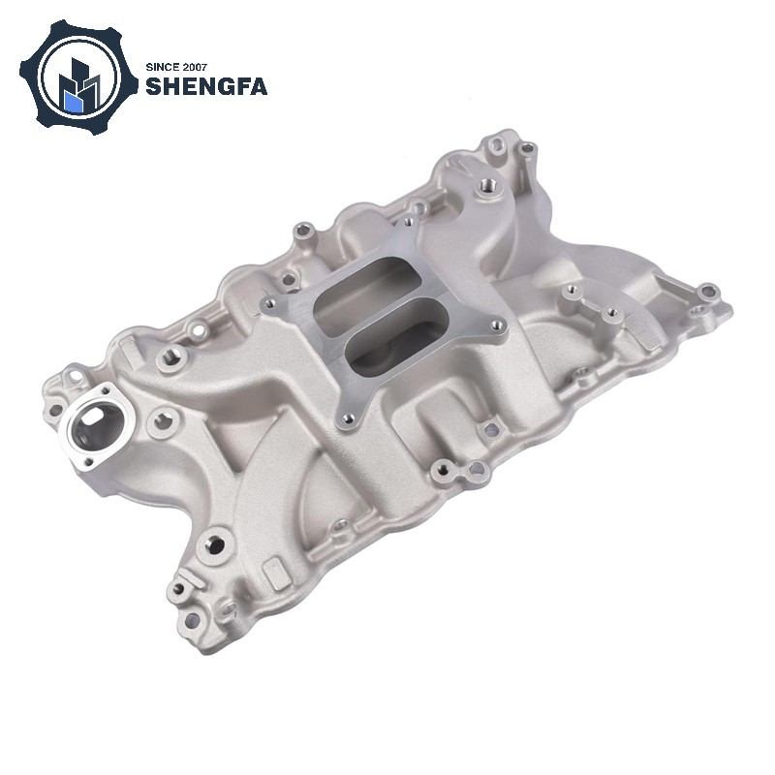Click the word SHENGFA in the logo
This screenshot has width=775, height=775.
tap(206, 86)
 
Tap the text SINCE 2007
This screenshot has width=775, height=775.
tap(176, 68)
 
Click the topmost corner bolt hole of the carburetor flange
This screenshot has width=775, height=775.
tap(408, 222)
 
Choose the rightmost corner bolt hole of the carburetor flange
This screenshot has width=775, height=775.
tap(498, 325)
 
